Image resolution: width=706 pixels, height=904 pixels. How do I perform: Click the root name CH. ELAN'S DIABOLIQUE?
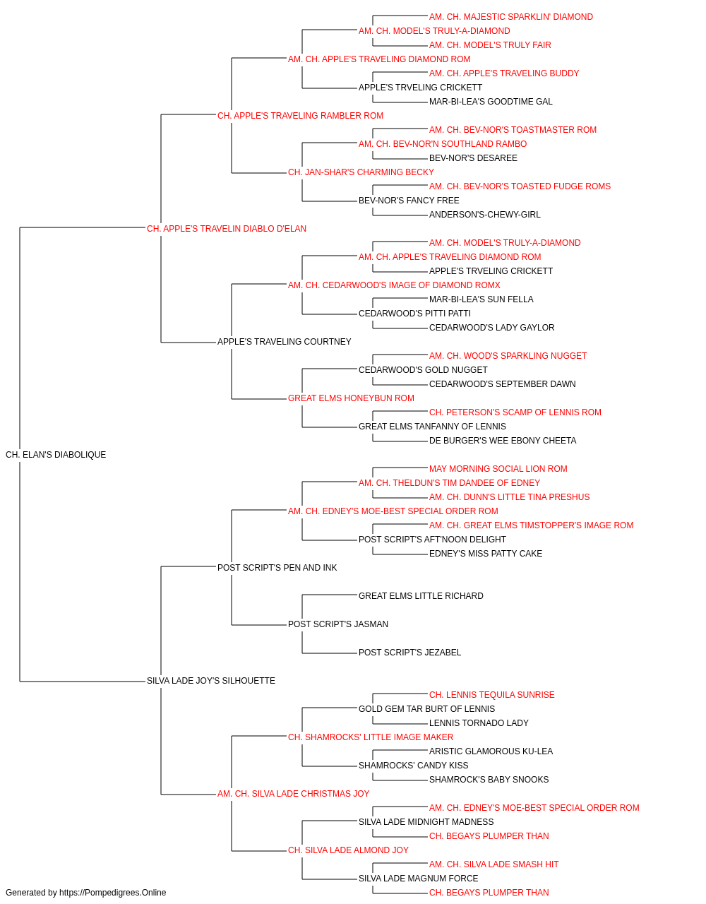point(56,455)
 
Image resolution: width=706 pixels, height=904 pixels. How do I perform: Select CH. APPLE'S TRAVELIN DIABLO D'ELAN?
point(227,229)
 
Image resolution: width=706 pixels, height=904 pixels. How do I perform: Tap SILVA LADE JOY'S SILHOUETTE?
point(211,681)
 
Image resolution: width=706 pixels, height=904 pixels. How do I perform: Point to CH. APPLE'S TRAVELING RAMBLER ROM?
point(300,116)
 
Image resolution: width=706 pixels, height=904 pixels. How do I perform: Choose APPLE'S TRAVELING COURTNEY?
point(285,342)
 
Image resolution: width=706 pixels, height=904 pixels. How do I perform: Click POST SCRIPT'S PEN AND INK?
point(277,567)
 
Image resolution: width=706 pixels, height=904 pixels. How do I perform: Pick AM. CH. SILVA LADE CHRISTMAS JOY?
point(293,794)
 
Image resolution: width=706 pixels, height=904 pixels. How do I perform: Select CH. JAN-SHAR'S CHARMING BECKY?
point(361,172)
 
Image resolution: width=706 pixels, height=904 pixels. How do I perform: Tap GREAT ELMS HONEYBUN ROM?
point(351,398)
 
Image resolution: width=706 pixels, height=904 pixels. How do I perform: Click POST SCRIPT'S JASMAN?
point(338,624)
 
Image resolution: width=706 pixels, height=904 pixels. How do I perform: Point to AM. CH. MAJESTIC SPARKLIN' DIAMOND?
point(511,17)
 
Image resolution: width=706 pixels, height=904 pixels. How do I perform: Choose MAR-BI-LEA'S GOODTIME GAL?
point(491,102)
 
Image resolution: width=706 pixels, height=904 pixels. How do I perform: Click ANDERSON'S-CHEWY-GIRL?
point(485,215)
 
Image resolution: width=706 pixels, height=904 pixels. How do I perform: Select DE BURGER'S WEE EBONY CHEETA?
point(503,441)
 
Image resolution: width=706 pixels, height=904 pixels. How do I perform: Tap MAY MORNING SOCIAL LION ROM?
point(498,469)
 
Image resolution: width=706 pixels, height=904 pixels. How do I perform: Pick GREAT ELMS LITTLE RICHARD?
point(421,596)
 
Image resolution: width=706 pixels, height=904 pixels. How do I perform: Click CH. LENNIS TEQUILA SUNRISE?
point(492,695)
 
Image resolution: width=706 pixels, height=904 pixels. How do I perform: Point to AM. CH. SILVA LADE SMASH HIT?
point(494,864)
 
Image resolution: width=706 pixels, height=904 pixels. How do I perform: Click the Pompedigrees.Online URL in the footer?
point(113,893)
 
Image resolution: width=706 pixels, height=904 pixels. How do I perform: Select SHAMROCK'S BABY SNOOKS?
point(489,780)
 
